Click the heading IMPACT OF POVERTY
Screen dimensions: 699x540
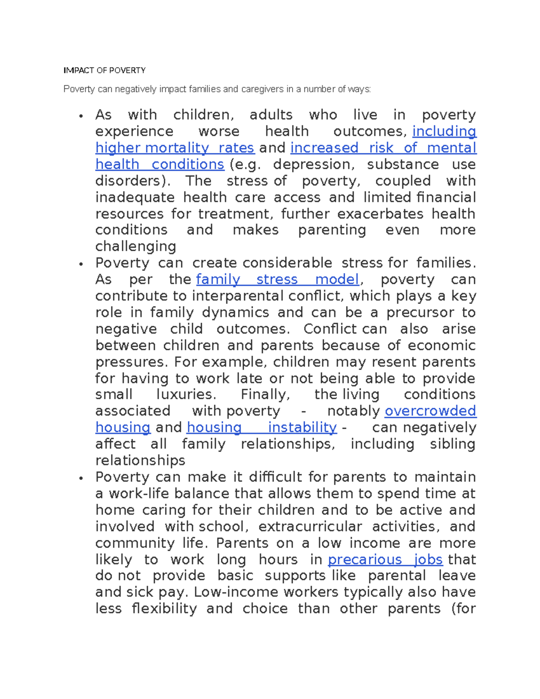[104, 70]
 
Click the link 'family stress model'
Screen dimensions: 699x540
[278, 280]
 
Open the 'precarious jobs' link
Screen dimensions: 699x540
[385, 559]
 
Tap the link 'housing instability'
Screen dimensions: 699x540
[261, 428]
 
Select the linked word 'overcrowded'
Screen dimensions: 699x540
[430, 411]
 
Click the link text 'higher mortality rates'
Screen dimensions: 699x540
[175, 148]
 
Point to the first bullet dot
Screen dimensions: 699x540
[81, 116]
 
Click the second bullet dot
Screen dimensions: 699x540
[81, 264]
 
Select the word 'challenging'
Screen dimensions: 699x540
[135, 247]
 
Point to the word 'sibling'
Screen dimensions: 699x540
[452, 444]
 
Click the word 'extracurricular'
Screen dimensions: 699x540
[310, 527]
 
